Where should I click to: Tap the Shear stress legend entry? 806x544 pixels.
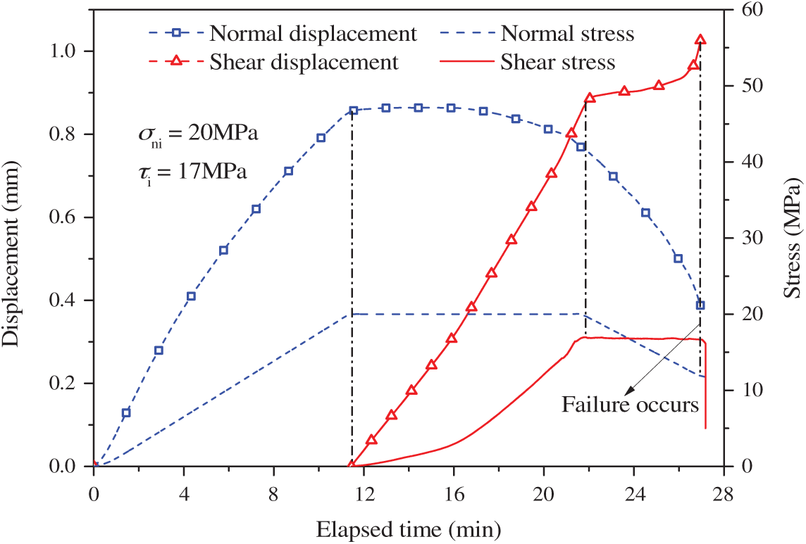557,62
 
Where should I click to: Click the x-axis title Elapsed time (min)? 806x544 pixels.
409,527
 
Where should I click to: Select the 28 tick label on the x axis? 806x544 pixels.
724,493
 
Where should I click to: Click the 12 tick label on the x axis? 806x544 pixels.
364,493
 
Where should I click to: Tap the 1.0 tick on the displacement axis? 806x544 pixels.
70,51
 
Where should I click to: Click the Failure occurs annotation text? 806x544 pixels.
629,405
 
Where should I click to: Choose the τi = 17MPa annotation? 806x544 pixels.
192,172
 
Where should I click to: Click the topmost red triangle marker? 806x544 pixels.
700,40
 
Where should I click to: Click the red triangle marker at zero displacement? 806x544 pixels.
352,465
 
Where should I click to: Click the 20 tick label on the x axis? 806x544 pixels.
543,493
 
